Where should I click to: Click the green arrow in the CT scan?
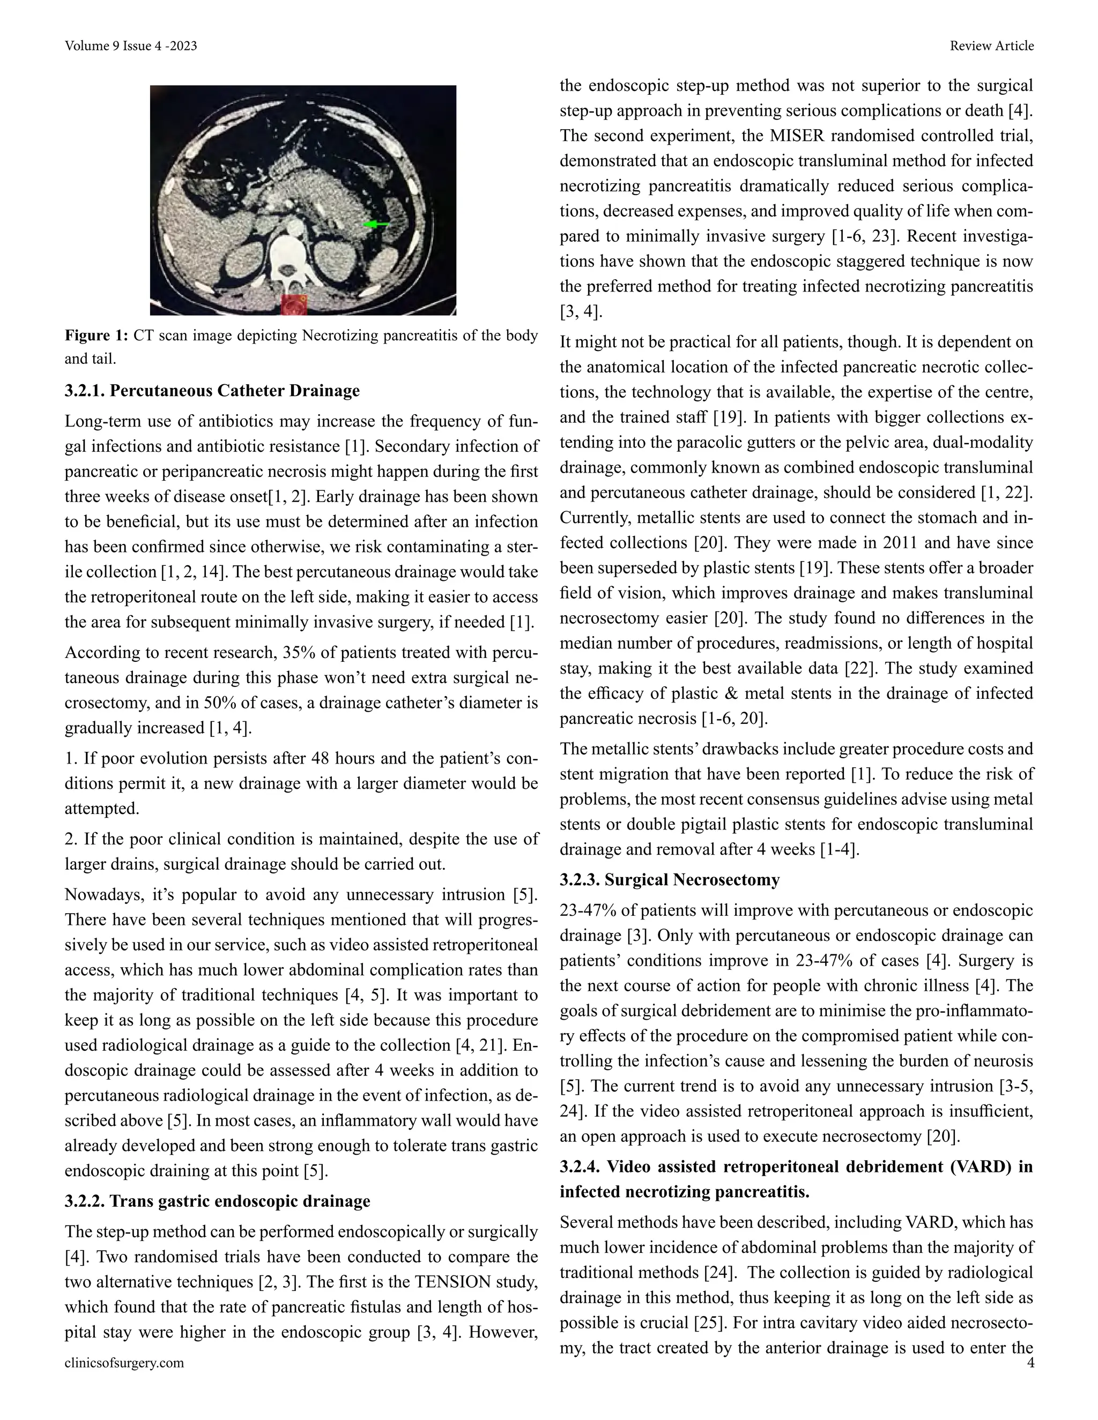click(x=375, y=225)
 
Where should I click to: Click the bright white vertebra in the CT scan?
click(x=291, y=257)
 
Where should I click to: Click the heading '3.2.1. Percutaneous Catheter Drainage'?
click(x=212, y=391)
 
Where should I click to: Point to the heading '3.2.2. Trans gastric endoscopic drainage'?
click(x=217, y=1201)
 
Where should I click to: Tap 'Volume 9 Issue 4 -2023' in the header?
click(x=131, y=46)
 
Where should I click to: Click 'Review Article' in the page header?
click(x=991, y=46)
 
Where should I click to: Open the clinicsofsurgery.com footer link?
click(x=124, y=1363)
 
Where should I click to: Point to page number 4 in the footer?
click(x=1030, y=1363)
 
